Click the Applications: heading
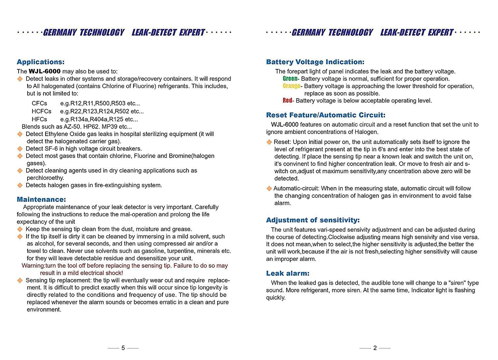click(x=40, y=62)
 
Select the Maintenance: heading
click(x=41, y=199)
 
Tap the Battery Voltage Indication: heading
click(x=315, y=62)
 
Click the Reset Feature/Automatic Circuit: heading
click(x=326, y=115)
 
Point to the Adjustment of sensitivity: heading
click(x=313, y=220)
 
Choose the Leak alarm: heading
click(x=287, y=274)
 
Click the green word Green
click(x=290, y=79)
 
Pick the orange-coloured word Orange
click(x=291, y=86)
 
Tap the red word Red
click(x=287, y=101)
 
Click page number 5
click(x=123, y=348)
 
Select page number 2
click(x=375, y=348)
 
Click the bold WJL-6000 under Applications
click(x=44, y=71)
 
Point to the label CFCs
click(x=39, y=103)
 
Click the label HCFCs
click(x=41, y=111)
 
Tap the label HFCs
click(x=39, y=119)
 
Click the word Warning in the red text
click(x=33, y=266)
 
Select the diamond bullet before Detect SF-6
click(x=20, y=149)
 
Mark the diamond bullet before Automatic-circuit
click(x=269, y=188)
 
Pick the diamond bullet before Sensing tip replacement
click(x=20, y=280)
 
